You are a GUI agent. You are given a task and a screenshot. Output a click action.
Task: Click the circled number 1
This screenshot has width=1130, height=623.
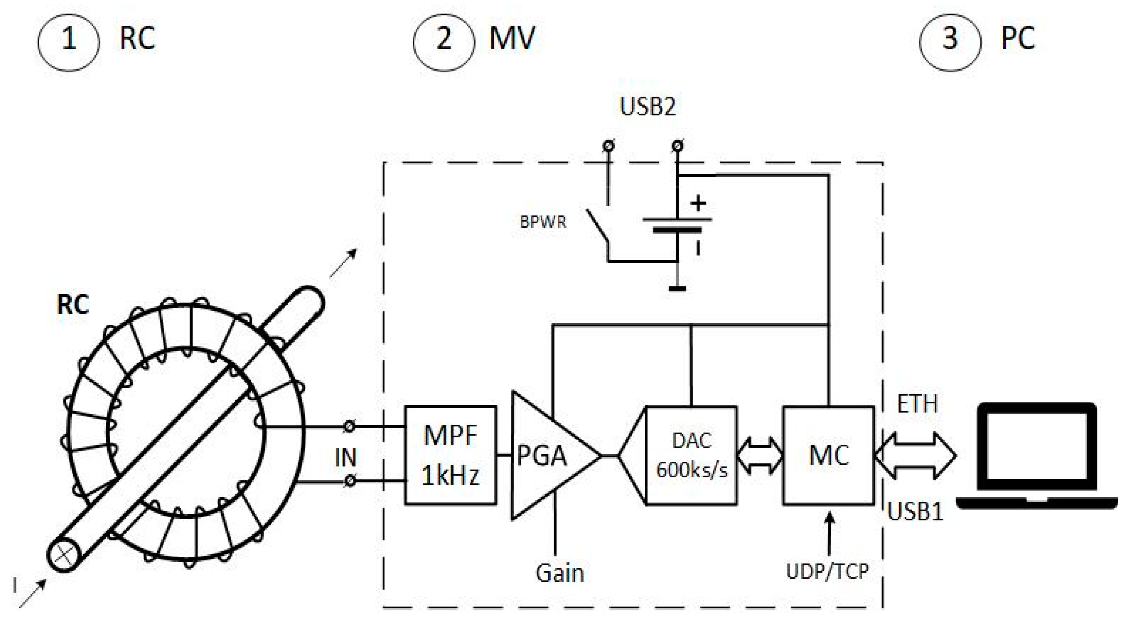click(x=68, y=42)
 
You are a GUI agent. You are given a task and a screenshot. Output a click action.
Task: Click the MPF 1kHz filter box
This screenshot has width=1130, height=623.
click(x=450, y=455)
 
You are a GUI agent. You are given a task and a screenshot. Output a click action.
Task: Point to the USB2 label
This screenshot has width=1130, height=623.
click(x=647, y=106)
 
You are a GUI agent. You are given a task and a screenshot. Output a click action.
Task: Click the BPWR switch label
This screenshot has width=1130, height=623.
click(x=543, y=222)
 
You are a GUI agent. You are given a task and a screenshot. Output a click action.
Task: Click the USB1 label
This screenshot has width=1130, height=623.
click(x=915, y=511)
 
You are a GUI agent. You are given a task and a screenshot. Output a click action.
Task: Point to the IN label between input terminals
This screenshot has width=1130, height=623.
click(x=346, y=457)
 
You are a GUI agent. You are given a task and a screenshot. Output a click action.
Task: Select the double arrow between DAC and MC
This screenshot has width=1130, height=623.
click(x=760, y=456)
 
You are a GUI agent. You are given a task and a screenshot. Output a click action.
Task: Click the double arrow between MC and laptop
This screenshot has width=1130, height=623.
click(x=915, y=456)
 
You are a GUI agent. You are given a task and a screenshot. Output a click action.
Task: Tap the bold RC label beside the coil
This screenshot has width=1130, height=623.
click(x=73, y=304)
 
